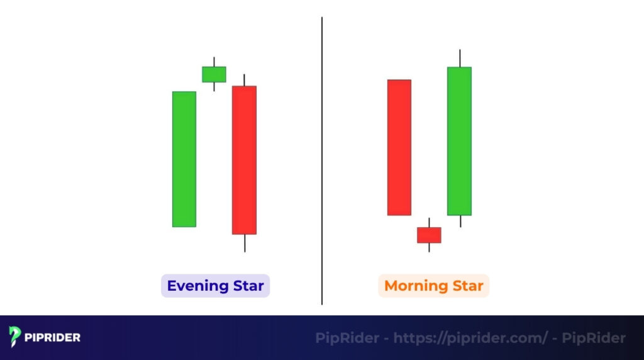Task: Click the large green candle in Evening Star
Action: click(184, 159)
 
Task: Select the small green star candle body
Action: click(214, 74)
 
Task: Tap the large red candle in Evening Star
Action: click(244, 160)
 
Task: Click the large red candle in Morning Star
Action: click(399, 147)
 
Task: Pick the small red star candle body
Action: click(429, 235)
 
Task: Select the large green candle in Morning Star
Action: click(459, 141)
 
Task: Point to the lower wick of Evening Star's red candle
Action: click(244, 243)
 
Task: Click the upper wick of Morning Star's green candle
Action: click(459, 59)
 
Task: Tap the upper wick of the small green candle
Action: click(214, 62)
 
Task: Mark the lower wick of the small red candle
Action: click(429, 247)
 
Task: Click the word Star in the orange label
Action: click(467, 286)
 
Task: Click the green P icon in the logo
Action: click(15, 337)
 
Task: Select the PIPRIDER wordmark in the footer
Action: click(53, 337)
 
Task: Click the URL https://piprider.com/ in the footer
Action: click(470, 338)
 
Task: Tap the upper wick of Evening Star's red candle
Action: click(244, 80)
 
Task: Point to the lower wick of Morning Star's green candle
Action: click(459, 221)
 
